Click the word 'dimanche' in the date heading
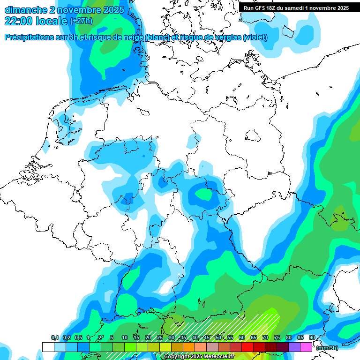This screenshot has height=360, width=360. tap(25, 10)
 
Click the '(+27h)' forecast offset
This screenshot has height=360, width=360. tap(82, 21)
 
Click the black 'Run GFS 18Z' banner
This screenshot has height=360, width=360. tap(296, 8)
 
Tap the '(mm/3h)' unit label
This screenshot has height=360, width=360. tap(328, 348)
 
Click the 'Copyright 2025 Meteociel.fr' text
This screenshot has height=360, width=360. tap(199, 357)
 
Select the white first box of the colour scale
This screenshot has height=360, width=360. tap(48, 347)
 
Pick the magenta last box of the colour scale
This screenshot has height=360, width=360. tap(306, 347)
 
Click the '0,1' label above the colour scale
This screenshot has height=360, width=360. tap(54, 338)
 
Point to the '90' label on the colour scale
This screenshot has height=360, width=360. tap(312, 338)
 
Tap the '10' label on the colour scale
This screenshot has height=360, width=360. tap(125, 338)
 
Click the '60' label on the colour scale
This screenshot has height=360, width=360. tap(242, 338)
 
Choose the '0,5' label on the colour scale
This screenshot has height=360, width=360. tap(78, 338)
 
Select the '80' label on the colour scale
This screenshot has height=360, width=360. tap(289, 338)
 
